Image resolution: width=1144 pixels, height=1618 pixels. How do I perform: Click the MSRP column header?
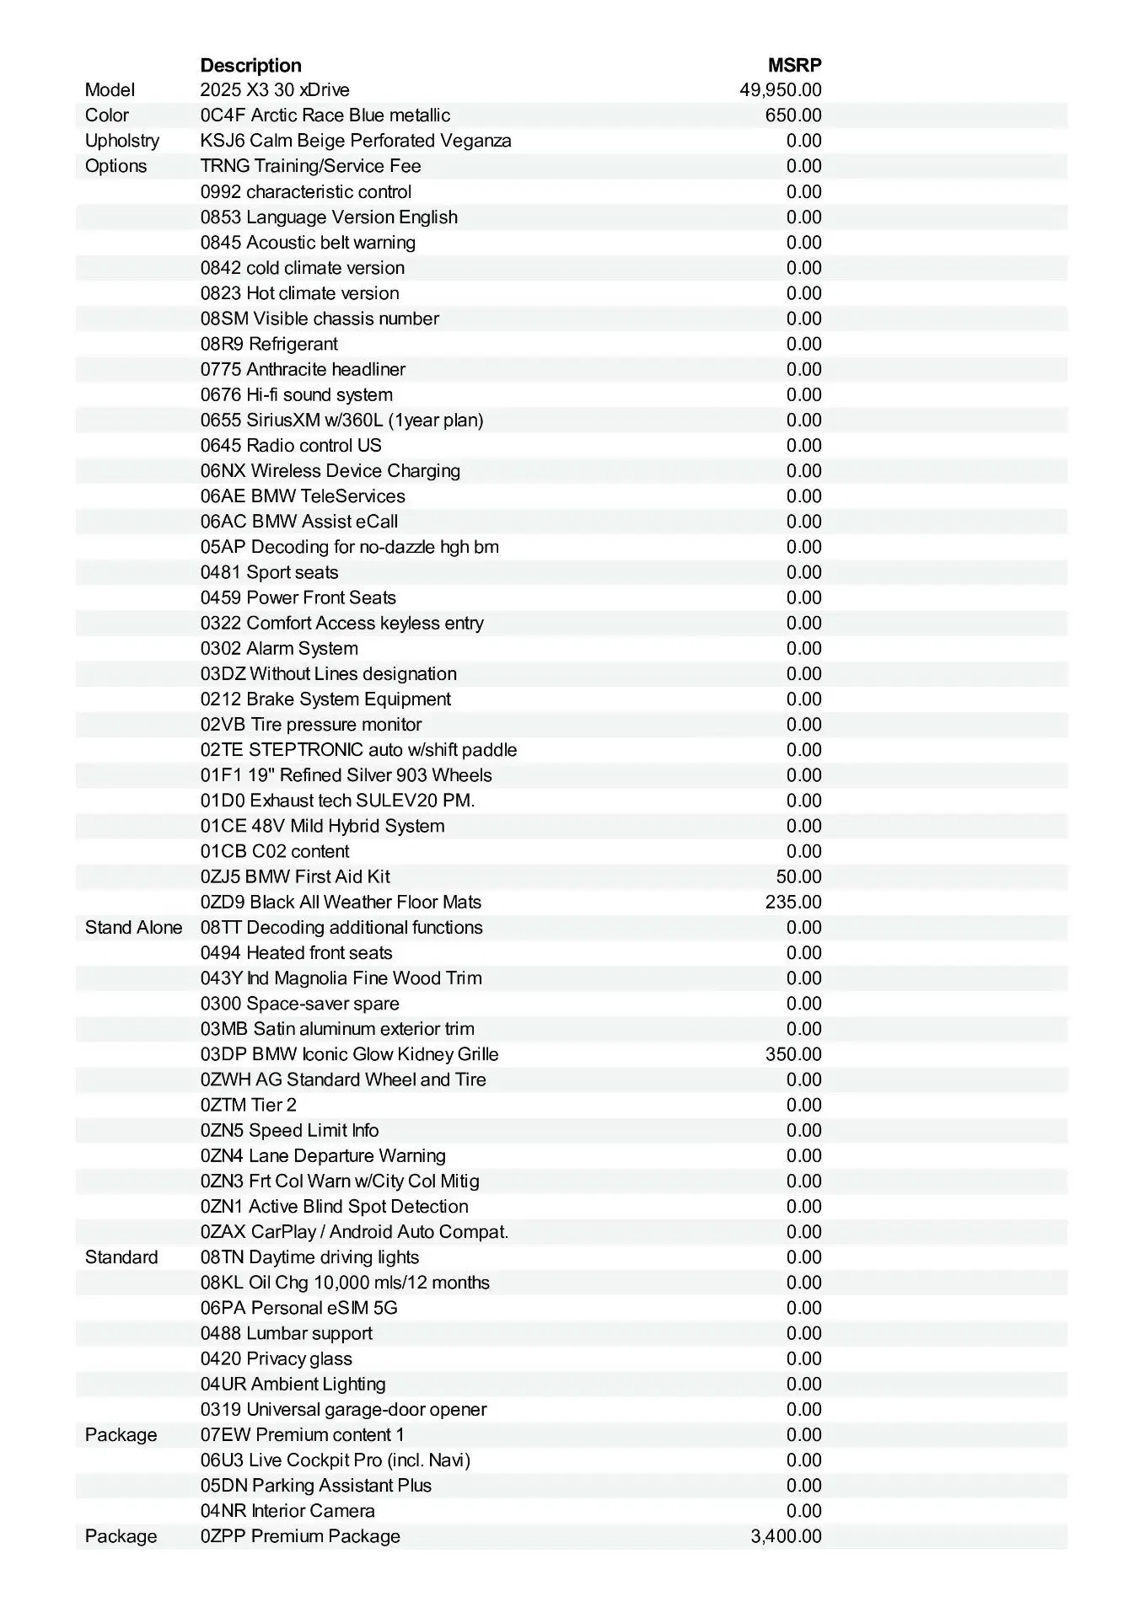tap(794, 65)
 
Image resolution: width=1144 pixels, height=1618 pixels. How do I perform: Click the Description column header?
tap(250, 65)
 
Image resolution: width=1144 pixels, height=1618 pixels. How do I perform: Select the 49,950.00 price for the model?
tap(780, 90)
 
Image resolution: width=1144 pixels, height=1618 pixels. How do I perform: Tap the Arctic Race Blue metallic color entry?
tap(325, 115)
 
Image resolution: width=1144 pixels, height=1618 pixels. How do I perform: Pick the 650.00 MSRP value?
tap(792, 115)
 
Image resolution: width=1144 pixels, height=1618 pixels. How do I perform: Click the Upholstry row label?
tap(122, 141)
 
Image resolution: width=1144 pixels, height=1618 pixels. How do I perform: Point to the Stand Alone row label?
tap(133, 928)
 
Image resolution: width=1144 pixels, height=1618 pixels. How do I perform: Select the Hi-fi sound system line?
tap(297, 394)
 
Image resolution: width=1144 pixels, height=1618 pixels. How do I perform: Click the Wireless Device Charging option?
tap(330, 471)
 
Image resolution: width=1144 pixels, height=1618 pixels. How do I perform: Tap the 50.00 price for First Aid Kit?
tap(798, 876)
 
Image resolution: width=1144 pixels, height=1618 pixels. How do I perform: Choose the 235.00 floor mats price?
tap(792, 902)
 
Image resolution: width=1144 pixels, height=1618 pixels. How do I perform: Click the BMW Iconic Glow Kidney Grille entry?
tap(349, 1054)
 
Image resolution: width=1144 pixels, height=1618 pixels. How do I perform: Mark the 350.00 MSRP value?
tap(792, 1054)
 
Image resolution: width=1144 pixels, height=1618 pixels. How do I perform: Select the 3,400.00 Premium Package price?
tap(786, 1536)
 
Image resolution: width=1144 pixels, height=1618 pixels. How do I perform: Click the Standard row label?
tap(121, 1257)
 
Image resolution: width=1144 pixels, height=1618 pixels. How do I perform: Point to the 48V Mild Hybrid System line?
tap(322, 826)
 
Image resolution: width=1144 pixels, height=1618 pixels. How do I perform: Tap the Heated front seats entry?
tap(296, 953)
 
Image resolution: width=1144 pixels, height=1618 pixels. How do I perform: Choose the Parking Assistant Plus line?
tap(316, 1486)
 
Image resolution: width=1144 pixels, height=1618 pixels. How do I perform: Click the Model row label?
tap(110, 90)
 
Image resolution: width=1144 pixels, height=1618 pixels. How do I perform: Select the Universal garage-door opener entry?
tap(343, 1410)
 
